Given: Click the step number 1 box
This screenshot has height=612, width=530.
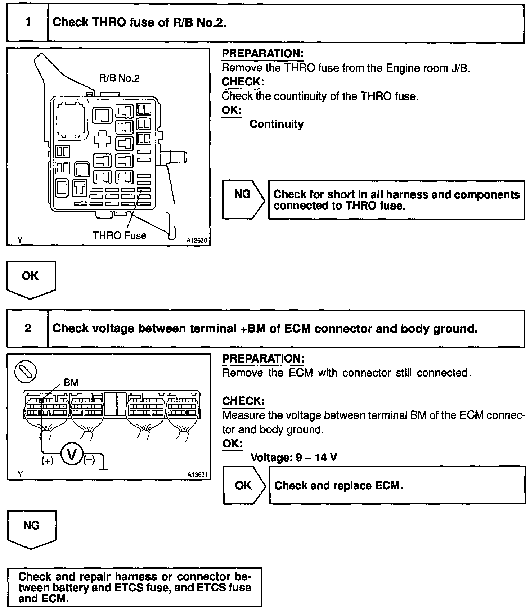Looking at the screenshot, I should (27, 22).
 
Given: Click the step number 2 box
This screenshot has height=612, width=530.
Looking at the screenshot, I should (28, 328).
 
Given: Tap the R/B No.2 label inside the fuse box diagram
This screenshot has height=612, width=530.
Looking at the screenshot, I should (119, 78).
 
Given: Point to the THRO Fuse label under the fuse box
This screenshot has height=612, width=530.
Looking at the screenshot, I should (120, 235).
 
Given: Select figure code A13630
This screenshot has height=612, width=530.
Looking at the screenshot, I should (197, 240).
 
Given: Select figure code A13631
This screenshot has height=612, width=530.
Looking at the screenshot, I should (197, 474).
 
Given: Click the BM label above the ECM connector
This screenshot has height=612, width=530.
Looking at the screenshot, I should (71, 383).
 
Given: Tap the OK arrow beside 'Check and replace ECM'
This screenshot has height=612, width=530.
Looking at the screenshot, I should (244, 485).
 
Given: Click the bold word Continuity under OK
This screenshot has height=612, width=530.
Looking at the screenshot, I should (276, 124).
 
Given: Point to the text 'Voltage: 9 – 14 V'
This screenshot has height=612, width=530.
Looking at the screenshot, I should (293, 458).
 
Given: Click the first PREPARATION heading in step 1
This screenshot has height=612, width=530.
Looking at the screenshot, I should (262, 54).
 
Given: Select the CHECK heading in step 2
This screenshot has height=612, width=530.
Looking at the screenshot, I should (243, 401).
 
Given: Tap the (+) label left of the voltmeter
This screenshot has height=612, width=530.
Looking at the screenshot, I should (48, 461).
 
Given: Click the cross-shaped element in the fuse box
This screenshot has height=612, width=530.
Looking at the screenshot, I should (102, 139).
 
